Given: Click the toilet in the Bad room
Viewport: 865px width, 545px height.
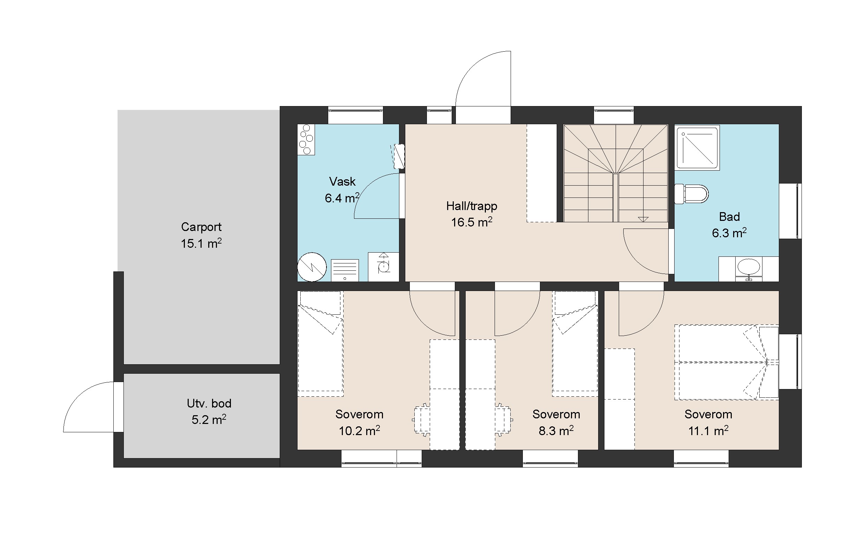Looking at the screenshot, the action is point(691,194).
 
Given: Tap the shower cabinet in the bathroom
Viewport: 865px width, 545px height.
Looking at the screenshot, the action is point(697,147).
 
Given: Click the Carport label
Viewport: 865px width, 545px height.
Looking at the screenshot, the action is point(201,227).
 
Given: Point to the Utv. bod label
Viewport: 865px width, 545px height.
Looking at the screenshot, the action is point(209,403).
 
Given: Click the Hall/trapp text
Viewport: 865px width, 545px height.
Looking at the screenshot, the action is point(472,206).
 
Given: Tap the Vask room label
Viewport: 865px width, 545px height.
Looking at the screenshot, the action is point(342,181).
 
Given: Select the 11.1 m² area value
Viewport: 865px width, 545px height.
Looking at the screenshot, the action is point(708,431).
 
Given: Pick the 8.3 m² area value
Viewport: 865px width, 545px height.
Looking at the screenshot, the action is point(556,431).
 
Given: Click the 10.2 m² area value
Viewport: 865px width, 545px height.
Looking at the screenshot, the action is point(359,431).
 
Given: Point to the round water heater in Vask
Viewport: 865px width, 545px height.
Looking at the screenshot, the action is point(312,267).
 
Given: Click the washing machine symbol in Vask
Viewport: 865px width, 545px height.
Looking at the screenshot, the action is point(384,267).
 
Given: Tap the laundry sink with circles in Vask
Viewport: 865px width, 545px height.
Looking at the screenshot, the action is point(306,140).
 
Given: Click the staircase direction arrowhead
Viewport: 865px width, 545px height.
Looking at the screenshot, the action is point(643,219).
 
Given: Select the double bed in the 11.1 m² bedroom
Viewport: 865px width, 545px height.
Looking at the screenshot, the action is point(726,363).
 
